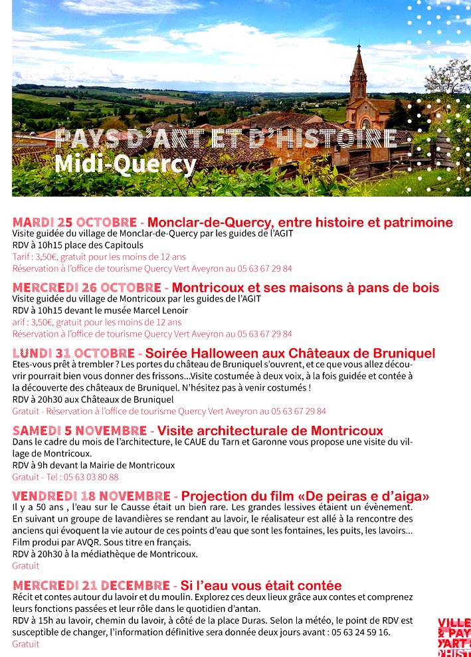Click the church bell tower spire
[x=359, y=60]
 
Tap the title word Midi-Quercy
[x=126, y=163]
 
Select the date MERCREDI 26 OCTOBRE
[x=86, y=288]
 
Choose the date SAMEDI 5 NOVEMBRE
[x=79, y=431]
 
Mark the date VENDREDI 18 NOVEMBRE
[x=91, y=496]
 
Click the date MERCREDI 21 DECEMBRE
[x=91, y=585]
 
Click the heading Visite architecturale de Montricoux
[x=270, y=431]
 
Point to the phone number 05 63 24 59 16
[x=357, y=632]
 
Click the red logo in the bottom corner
[x=454, y=636]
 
